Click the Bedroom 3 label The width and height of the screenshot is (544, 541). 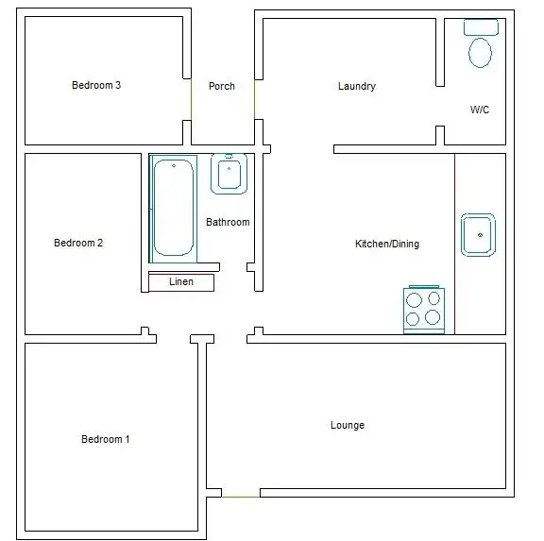tap(96, 85)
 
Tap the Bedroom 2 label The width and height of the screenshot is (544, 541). tap(78, 243)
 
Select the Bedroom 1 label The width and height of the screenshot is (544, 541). tap(105, 439)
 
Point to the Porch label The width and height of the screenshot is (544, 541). tap(222, 86)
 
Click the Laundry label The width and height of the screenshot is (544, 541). tap(357, 86)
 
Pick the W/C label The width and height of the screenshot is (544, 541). tap(480, 110)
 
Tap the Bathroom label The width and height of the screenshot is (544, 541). tap(228, 222)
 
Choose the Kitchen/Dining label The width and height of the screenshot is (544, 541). tap(387, 244)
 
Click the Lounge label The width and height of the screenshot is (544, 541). tap(348, 425)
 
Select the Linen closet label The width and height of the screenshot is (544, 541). tap(181, 281)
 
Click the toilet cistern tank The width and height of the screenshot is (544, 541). tap(482, 26)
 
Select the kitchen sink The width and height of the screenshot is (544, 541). tap(479, 234)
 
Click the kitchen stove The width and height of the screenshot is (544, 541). tap(423, 309)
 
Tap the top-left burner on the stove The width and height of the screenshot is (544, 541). tap(413, 299)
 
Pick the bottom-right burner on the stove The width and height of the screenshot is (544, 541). tap(433, 319)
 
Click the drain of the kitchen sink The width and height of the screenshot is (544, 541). tap(480, 233)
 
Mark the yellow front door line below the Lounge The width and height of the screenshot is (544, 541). tap(241, 495)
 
